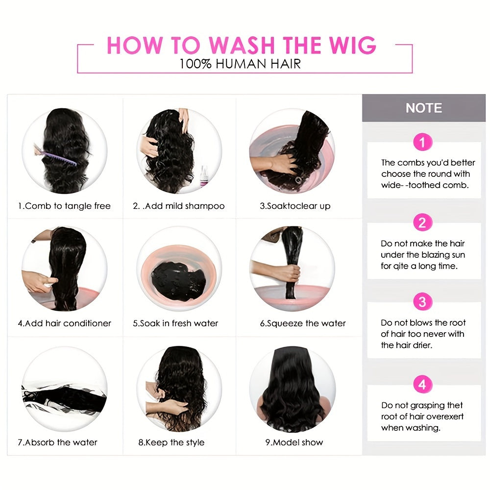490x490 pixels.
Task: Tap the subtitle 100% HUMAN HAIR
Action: click(x=240, y=64)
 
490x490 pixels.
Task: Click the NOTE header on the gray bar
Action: click(x=423, y=108)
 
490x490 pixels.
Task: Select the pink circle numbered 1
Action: click(x=422, y=143)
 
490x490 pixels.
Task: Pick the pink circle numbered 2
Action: click(x=422, y=223)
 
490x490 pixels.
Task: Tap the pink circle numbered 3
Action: click(x=422, y=301)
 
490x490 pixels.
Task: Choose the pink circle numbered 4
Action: click(x=422, y=385)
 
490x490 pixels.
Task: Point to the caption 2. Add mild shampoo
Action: click(x=179, y=206)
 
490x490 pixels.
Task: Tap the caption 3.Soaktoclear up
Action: click(x=295, y=206)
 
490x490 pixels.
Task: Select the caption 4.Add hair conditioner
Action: click(x=65, y=323)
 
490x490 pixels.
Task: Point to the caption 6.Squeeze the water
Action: click(x=302, y=323)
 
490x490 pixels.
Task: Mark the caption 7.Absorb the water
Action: click(x=58, y=442)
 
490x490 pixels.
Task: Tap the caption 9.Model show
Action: click(x=294, y=442)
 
